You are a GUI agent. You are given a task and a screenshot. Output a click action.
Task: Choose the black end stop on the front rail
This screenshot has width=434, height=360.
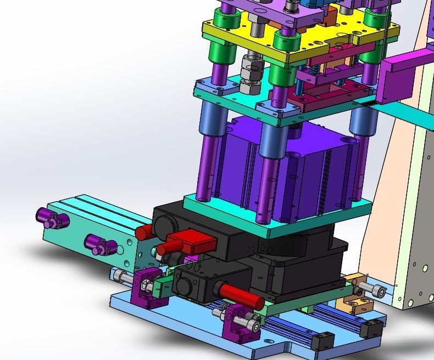tap(321, 341)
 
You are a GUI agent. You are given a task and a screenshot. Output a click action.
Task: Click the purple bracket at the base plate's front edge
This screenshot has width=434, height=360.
tap(236, 324)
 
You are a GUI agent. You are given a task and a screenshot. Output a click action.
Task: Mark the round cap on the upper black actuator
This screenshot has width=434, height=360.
tap(164, 225)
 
